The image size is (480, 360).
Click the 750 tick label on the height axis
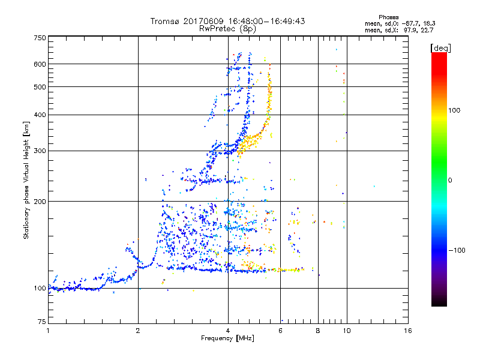click(40, 38)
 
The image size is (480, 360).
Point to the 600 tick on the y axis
click(40, 64)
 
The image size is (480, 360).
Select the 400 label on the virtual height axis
click(40, 115)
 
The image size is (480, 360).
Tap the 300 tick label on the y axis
click(40, 151)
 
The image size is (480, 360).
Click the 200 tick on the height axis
click(40, 201)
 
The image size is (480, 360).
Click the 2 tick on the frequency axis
click(138, 331)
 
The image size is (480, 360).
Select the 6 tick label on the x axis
click(280, 331)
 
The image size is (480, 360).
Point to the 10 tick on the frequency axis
click(346, 331)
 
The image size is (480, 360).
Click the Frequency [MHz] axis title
click(227, 338)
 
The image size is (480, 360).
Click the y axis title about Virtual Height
click(26, 180)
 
